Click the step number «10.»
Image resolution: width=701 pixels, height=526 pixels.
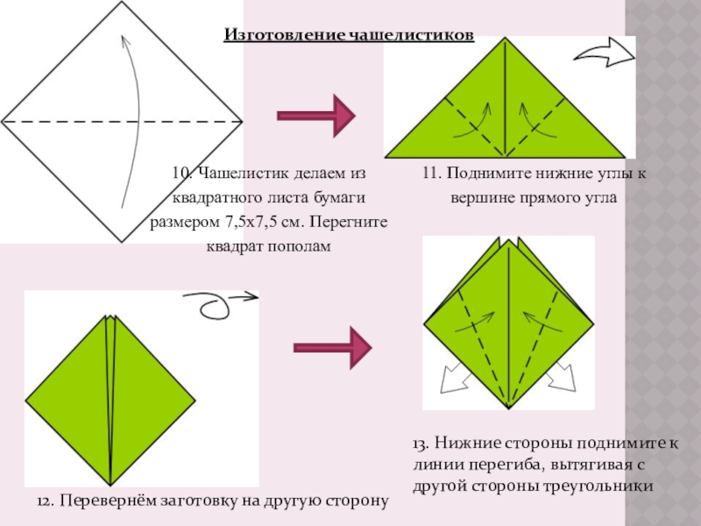181,174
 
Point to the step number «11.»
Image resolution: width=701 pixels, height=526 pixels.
431,174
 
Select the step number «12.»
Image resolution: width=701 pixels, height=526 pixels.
47,501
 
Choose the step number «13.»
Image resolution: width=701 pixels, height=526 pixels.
425,444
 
